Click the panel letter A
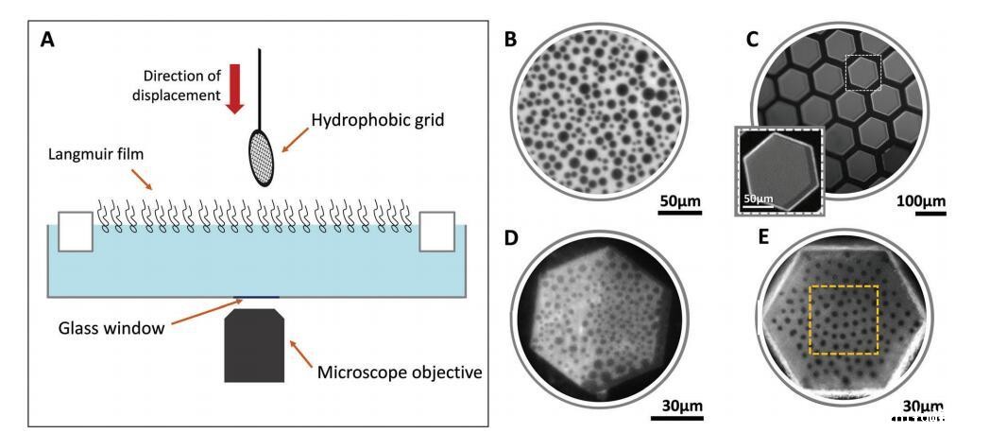(48, 43)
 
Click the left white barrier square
(76, 232)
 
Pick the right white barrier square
(436, 232)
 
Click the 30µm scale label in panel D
(679, 406)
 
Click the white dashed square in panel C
(862, 72)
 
